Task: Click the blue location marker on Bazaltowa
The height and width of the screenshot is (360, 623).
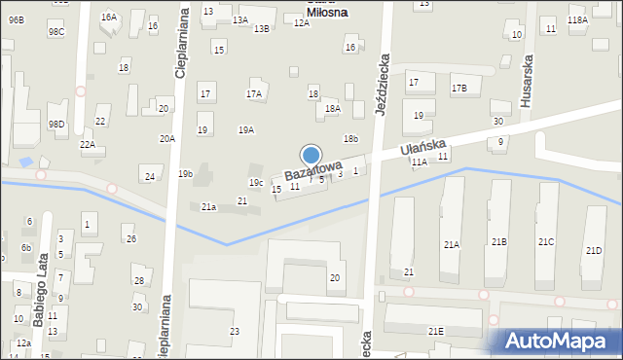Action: [x=311, y=155]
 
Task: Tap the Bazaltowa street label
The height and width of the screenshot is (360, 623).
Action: [x=313, y=171]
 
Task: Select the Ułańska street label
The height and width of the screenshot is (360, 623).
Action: [x=422, y=149]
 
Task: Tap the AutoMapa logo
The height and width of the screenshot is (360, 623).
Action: [x=560, y=341]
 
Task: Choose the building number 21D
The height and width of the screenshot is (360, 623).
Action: [x=594, y=250]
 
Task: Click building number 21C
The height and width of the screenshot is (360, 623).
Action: [x=545, y=241]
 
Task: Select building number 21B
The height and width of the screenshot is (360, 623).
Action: [x=498, y=241]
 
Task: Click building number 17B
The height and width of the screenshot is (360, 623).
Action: [x=458, y=89]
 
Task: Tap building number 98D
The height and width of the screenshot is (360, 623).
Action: [x=57, y=125]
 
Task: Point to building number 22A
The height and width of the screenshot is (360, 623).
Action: [x=88, y=145]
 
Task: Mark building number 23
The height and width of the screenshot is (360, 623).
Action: [x=235, y=332]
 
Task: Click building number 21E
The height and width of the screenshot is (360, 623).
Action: [x=435, y=332]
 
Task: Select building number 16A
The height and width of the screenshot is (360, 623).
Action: [x=109, y=18]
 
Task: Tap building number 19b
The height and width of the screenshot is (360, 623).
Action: [x=185, y=174]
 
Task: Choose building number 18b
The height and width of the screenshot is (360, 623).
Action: [x=350, y=139]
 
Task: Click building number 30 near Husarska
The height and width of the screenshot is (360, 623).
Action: [x=497, y=122]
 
